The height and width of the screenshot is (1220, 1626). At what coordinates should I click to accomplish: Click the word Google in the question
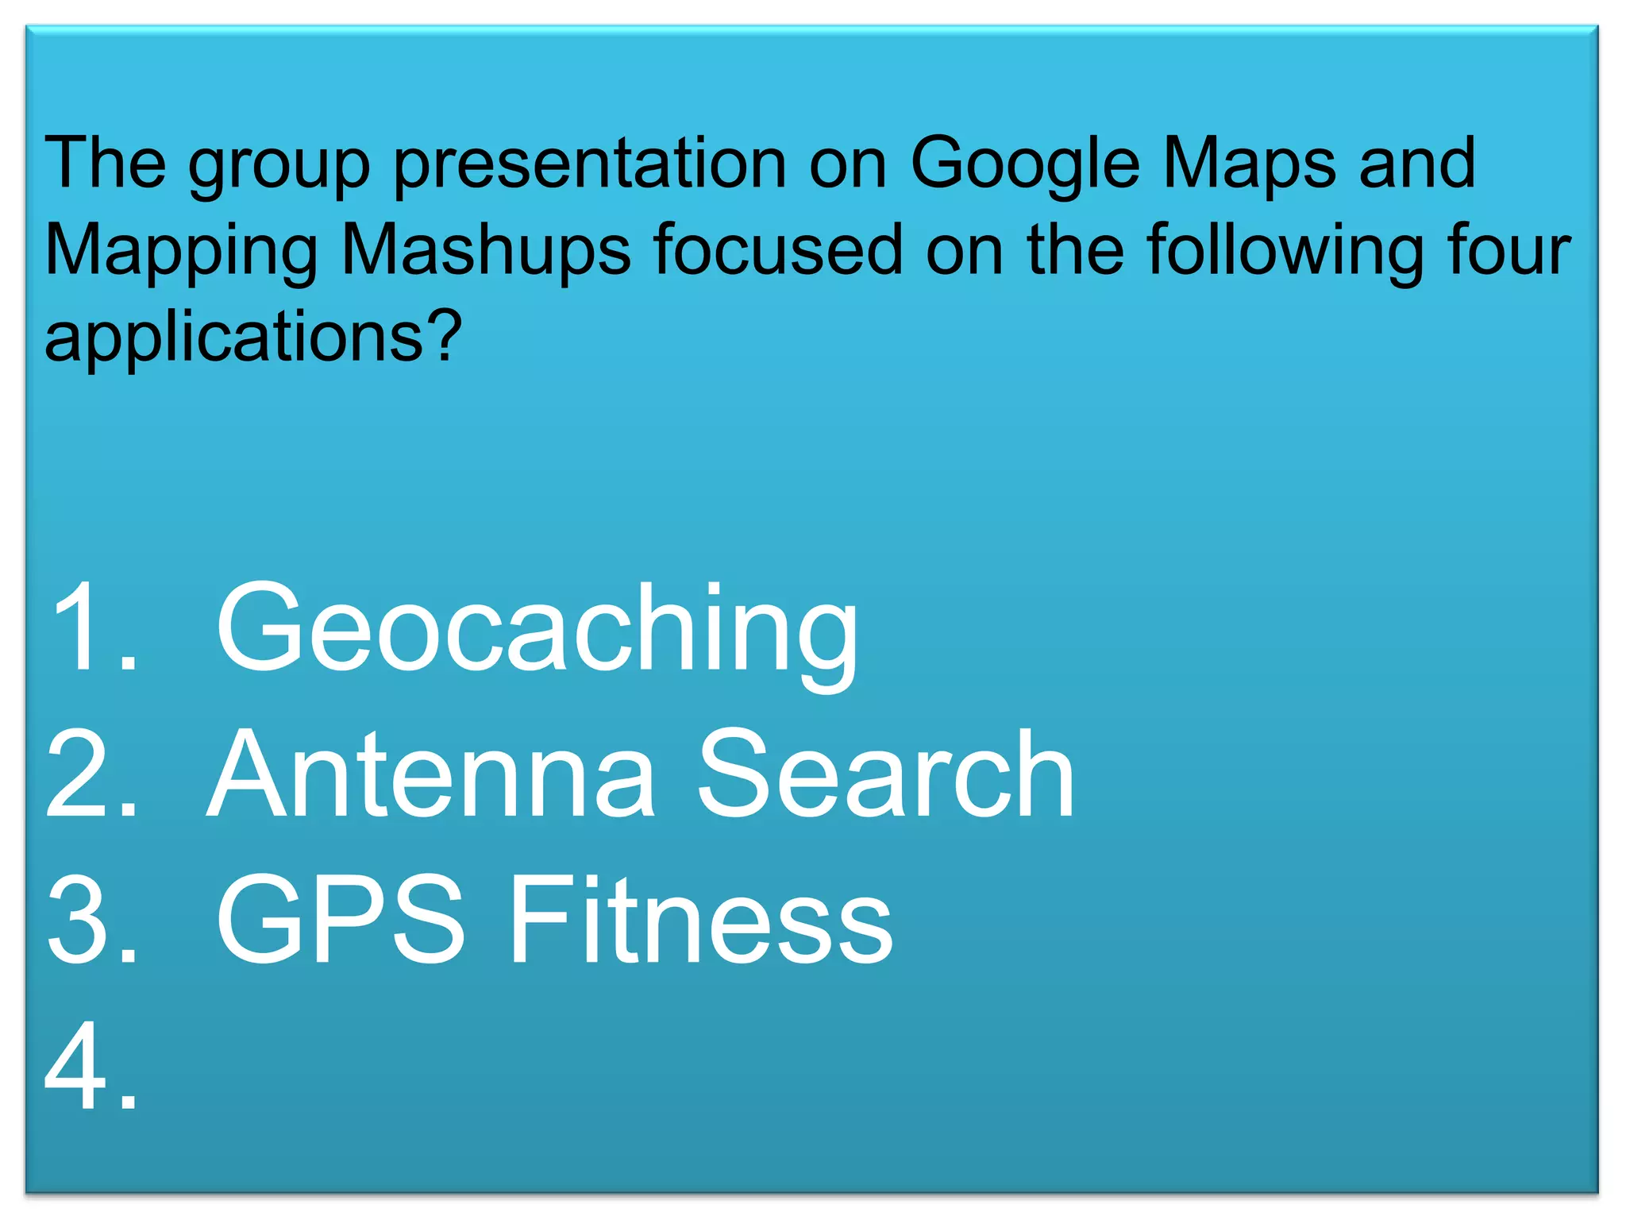coord(1025,165)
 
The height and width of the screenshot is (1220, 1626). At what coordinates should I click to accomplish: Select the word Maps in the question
coord(1250,165)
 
